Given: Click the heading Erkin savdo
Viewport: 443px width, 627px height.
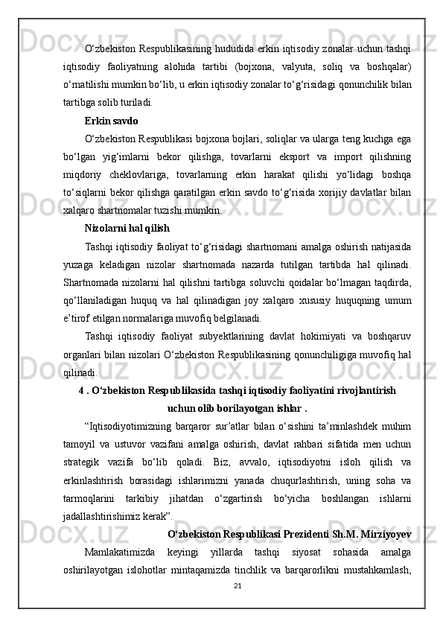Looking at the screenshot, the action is tap(111, 120).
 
